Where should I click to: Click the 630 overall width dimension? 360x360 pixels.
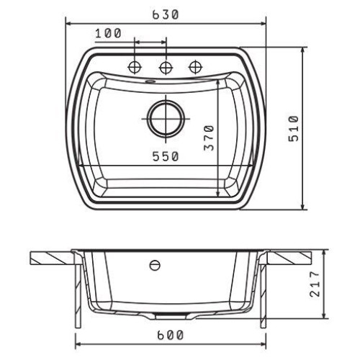166,15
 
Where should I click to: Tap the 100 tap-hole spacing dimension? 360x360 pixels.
108,34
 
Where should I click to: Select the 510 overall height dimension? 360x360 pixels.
294,129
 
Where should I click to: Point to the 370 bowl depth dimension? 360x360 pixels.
209,138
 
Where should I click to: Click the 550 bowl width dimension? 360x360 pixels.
166,157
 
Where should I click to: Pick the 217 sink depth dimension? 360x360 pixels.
315,284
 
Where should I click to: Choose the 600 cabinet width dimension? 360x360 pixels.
171,336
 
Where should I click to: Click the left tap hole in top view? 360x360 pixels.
135,67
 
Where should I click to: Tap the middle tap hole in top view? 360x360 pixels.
166,67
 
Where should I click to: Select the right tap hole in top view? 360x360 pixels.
196,67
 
